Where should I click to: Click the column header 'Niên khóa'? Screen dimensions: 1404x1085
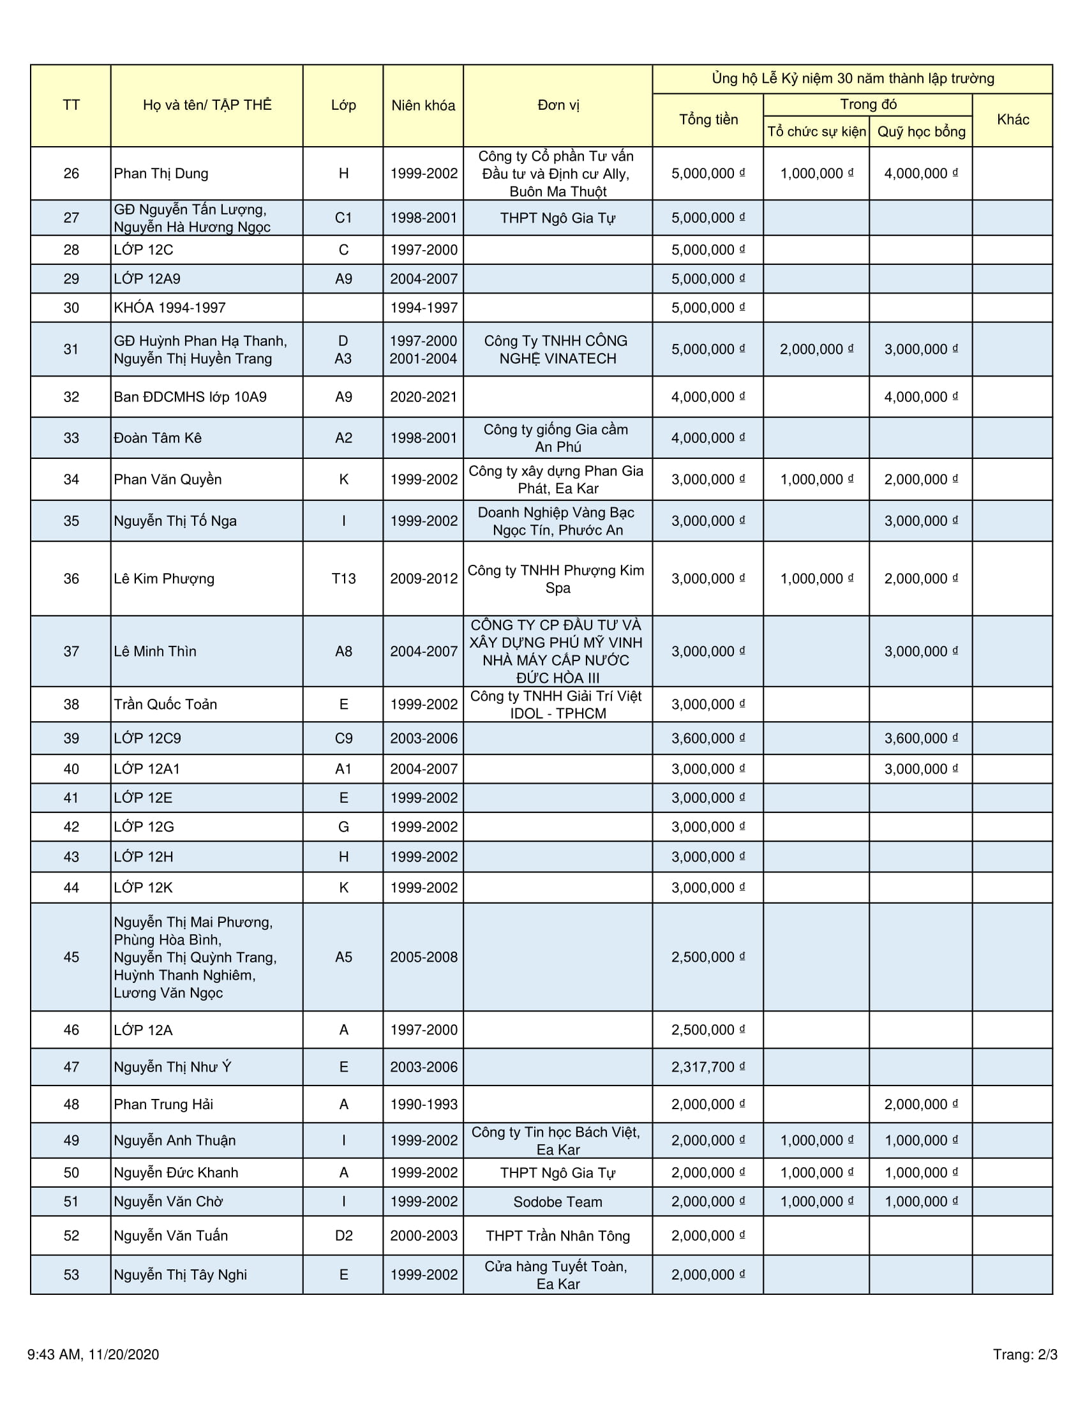(x=423, y=105)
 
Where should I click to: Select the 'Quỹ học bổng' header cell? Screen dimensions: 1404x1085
(x=920, y=132)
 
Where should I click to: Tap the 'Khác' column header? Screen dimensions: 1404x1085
(x=1012, y=119)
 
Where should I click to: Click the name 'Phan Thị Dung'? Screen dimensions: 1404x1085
(x=161, y=174)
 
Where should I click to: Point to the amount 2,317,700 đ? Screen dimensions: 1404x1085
(x=707, y=1067)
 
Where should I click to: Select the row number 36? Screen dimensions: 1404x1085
(x=71, y=579)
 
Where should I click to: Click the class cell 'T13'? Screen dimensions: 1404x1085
(x=343, y=579)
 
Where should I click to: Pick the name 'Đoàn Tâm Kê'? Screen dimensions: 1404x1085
(x=158, y=438)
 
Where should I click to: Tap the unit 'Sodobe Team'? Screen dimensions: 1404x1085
(x=557, y=1202)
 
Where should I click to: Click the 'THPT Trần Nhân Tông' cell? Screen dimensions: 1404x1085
(x=557, y=1236)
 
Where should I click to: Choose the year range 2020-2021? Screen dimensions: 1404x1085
(x=423, y=397)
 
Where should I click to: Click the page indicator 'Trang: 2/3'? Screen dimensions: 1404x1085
(x=1024, y=1354)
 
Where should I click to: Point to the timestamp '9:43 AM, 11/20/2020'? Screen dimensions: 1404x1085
(x=93, y=1354)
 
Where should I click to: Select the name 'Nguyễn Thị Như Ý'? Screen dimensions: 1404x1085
(x=172, y=1067)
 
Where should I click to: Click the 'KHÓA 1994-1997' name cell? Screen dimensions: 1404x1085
(x=170, y=308)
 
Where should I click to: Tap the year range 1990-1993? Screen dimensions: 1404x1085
(x=423, y=1105)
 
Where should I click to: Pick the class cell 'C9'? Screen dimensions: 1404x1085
(x=343, y=738)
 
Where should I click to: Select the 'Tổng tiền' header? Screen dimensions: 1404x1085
(x=708, y=119)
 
